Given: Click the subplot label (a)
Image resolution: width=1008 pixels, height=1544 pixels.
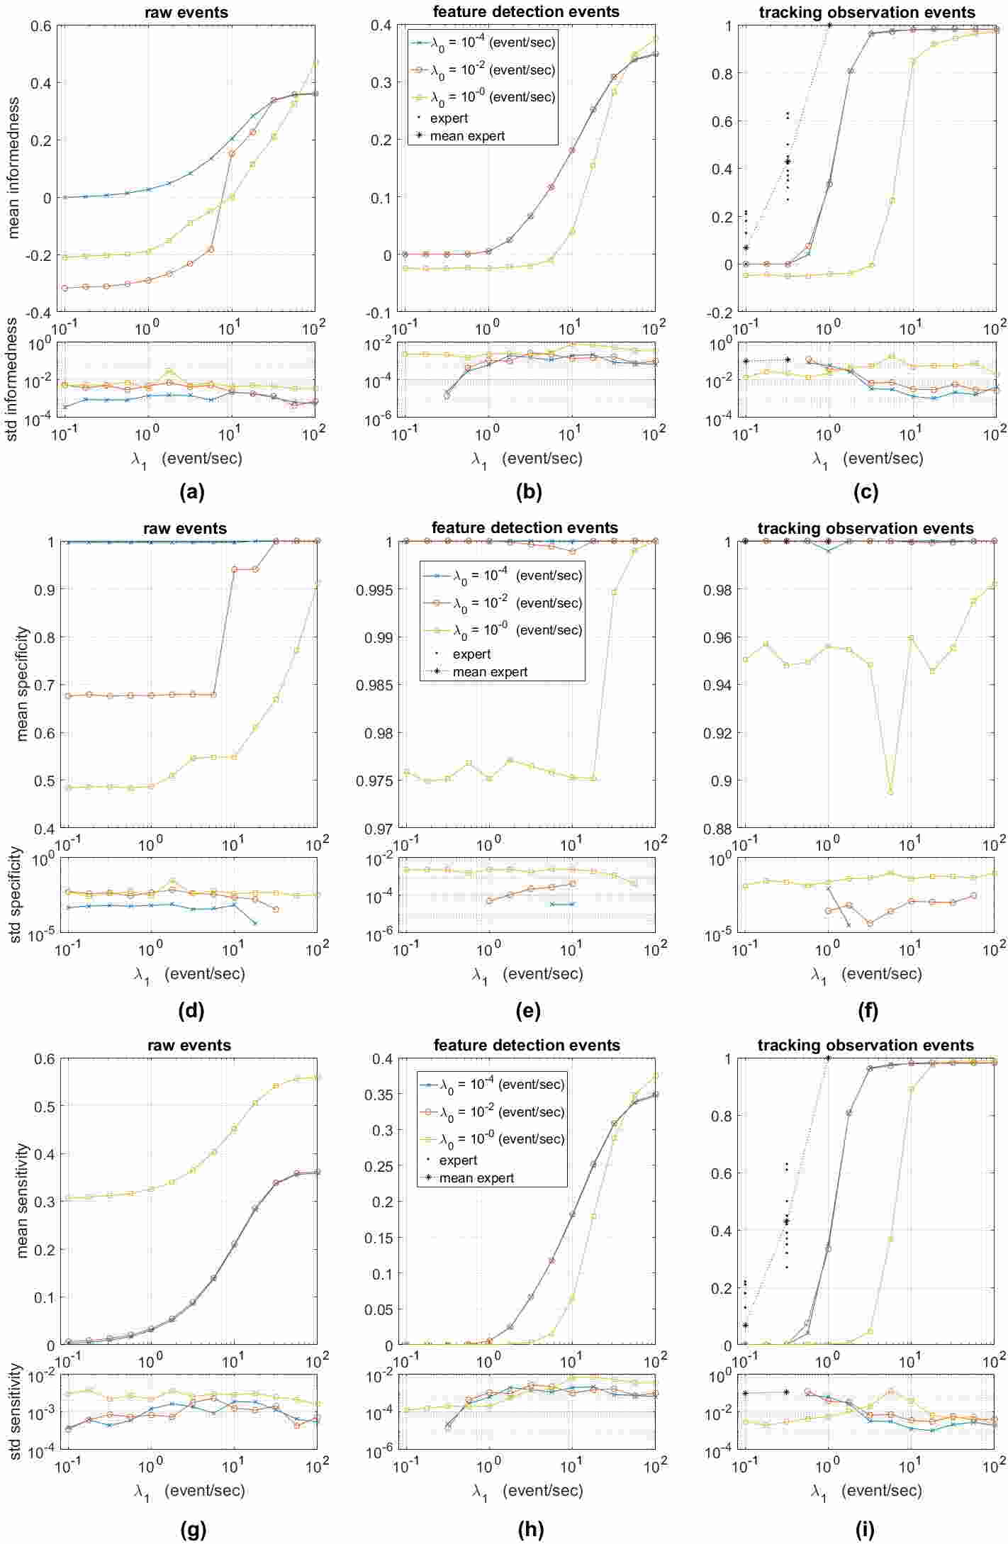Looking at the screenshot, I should tap(193, 493).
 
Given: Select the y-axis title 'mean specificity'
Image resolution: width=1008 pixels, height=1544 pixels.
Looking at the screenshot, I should tap(23, 683).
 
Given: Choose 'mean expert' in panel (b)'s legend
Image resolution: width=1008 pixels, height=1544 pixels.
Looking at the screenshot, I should tap(467, 136).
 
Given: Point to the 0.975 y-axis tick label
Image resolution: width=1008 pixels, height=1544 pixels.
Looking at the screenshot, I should tap(376, 781).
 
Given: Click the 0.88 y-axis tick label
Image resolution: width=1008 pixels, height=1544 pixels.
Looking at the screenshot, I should tap(719, 829).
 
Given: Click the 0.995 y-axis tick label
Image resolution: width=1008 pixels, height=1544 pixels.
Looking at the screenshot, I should tap(376, 589).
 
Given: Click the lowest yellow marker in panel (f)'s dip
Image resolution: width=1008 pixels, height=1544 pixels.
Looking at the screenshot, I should tap(891, 792).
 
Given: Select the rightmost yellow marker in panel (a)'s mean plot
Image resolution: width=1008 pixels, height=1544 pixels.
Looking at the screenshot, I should tap(315, 62).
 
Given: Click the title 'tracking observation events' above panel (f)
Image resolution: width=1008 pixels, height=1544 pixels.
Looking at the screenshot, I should tap(866, 529).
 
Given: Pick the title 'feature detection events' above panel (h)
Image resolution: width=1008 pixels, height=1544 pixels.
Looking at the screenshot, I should tap(526, 1046).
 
